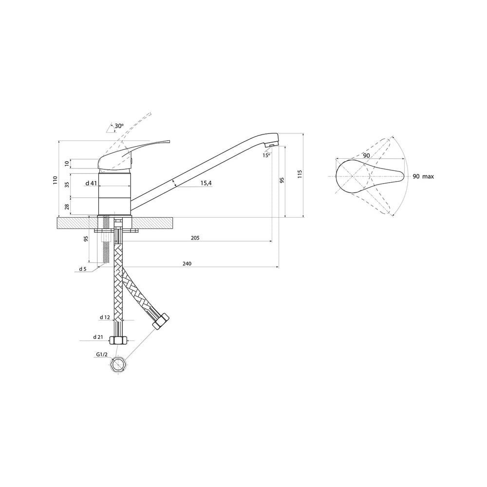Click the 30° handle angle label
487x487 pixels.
point(119,126)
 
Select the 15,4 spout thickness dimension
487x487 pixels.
point(206,183)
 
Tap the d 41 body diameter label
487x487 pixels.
point(92,183)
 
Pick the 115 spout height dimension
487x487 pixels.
point(300,174)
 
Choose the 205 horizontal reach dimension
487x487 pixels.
point(195,238)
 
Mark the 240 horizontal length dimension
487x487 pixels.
point(187,263)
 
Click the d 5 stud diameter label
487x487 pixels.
point(83,269)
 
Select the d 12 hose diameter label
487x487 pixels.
point(105,318)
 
